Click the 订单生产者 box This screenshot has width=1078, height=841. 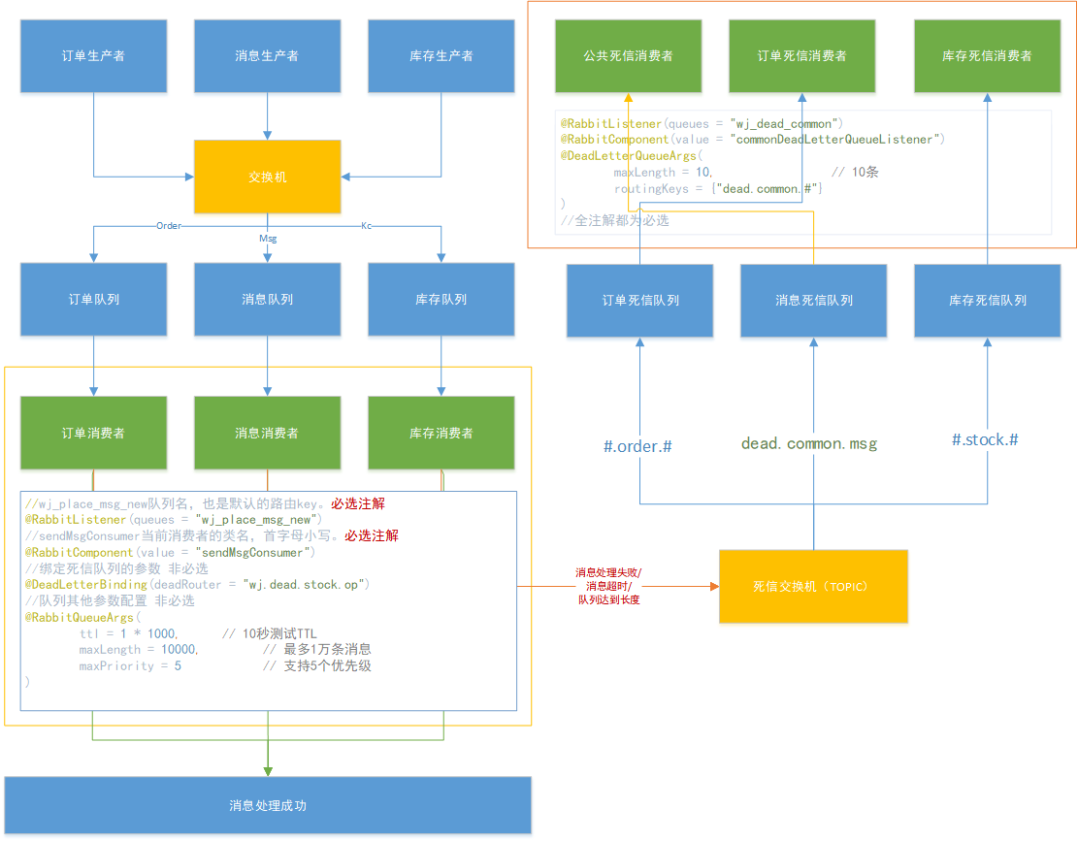93,56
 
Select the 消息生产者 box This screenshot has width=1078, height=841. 267,56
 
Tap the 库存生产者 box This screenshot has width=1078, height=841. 441,56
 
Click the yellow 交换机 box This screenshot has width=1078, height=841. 267,177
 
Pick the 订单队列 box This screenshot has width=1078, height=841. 93,300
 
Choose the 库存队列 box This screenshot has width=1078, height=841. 441,300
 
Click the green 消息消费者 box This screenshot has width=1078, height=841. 267,433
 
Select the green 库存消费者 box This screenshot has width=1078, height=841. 441,433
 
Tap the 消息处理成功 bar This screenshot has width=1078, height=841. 268,805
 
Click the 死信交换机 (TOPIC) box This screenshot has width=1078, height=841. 813,586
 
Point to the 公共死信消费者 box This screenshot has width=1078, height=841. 628,56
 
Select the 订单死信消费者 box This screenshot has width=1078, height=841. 801,56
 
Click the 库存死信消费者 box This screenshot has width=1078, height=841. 987,56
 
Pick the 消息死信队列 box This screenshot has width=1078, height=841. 813,301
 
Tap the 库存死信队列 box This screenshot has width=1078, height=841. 987,301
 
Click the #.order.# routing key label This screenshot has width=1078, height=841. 638,446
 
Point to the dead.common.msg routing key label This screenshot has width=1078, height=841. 809,444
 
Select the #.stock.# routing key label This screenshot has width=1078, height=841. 985,440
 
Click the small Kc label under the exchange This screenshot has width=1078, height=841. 366,225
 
